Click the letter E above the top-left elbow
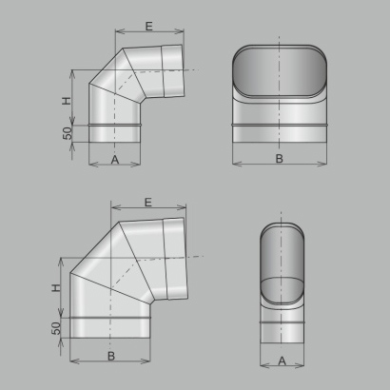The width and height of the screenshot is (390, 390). point(149,27)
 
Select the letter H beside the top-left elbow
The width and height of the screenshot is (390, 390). point(67,101)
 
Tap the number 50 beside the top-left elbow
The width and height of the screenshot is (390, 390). point(68,133)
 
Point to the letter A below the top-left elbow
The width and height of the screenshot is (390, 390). point(115,160)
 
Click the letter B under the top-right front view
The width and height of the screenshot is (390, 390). point(279,159)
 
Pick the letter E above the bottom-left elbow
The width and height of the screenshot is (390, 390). point(148,203)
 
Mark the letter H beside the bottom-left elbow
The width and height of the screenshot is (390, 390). point(55,288)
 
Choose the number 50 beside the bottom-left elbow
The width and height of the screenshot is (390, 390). point(56,328)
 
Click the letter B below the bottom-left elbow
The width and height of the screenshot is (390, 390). point(111,356)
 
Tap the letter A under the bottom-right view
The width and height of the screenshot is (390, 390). point(282,361)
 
